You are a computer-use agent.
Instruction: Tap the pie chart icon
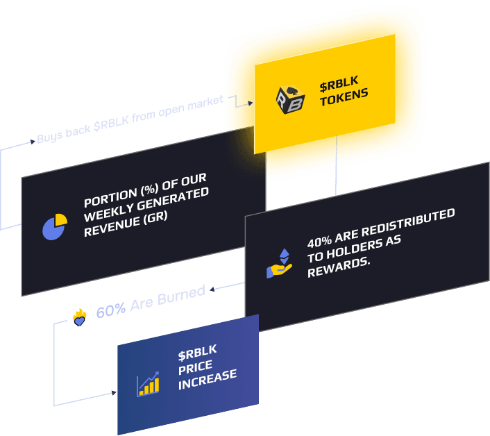point(54,226)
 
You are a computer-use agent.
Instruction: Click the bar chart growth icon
point(148,384)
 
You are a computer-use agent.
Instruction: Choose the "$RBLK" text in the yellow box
point(337,87)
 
